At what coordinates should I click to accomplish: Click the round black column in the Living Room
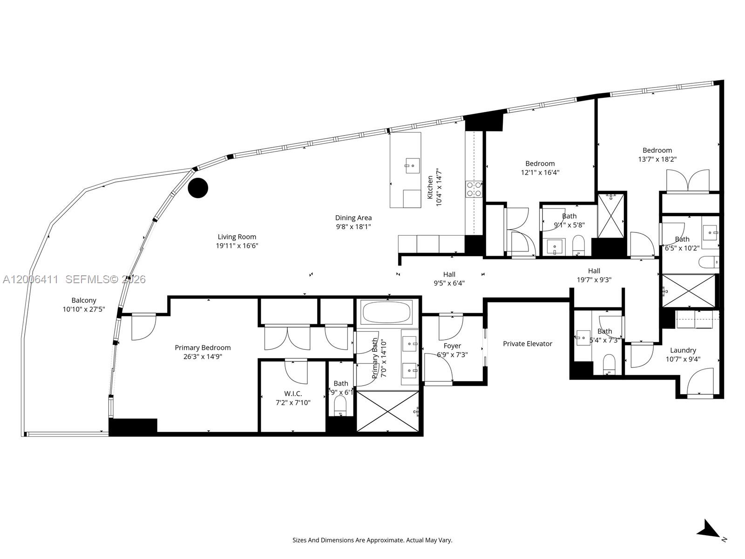coord(198,188)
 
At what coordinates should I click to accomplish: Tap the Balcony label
coord(84,300)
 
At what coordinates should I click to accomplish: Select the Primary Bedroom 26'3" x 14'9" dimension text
coord(203,357)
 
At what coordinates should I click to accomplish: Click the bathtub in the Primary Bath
coord(387,312)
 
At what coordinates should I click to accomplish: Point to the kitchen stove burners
coord(474,189)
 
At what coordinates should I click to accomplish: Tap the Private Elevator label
coord(527,344)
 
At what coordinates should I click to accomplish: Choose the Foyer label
coord(452,346)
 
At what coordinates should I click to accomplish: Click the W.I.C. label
coord(293,394)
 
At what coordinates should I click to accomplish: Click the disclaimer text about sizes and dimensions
coord(372,540)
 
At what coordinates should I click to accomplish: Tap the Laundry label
coord(683,350)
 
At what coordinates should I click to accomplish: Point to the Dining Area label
coord(353,218)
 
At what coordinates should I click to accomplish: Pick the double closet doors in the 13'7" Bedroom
coord(688,181)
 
